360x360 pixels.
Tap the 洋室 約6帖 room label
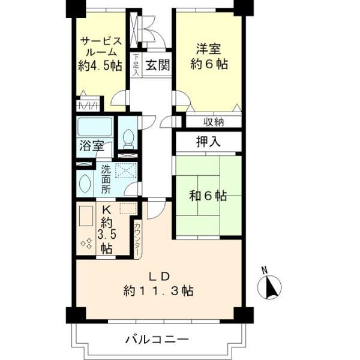pyautogui.click(x=208, y=55)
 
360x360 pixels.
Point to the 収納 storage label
pyautogui.click(x=212, y=122)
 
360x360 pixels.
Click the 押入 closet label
pyautogui.click(x=208, y=142)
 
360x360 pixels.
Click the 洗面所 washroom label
pyautogui.click(x=105, y=178)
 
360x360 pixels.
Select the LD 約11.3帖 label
pyautogui.click(x=158, y=284)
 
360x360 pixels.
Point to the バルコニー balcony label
pyautogui.click(x=157, y=339)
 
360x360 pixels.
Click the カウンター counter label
pyautogui.click(x=138, y=239)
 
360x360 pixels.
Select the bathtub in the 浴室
pyautogui.click(x=95, y=127)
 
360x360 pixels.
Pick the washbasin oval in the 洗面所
pyautogui.click(x=85, y=183)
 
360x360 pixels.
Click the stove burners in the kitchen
pyautogui.click(x=85, y=243)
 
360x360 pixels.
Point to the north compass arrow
pyautogui.click(x=269, y=287)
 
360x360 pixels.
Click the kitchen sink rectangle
pyautogui.click(x=85, y=215)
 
